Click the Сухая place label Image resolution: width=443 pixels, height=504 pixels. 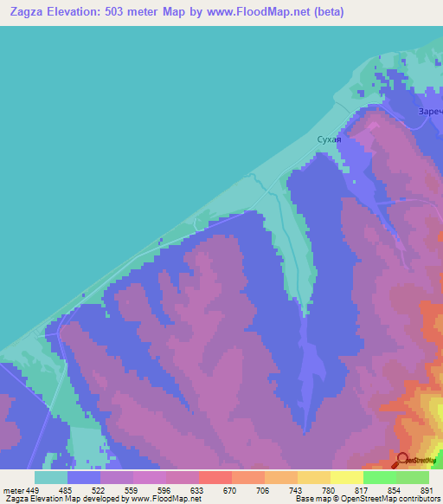pos(329,139)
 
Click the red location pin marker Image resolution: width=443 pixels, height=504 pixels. pos(402,460)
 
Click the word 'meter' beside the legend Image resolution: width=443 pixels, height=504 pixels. pos(14,490)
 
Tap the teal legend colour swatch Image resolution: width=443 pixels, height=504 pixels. pos(51,477)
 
